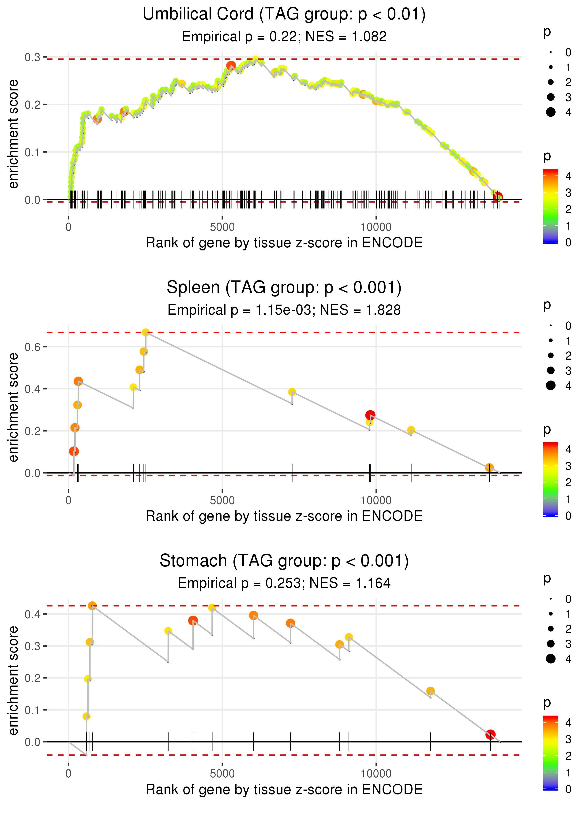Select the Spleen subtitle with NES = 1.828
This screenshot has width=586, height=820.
[x=284, y=310]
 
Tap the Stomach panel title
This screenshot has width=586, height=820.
[x=284, y=561]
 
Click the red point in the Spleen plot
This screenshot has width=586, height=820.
[x=370, y=415]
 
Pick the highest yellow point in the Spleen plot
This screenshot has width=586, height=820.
[x=145, y=332]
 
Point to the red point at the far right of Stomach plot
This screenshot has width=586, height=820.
[x=490, y=734]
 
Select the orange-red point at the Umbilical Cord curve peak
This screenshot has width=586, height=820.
[x=231, y=66]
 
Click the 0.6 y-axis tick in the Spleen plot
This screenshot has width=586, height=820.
[x=33, y=347]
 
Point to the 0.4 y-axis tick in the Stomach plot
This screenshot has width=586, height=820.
[x=33, y=614]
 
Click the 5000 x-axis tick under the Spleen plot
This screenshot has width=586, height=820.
[x=222, y=500]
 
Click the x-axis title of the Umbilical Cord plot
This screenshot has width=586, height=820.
[x=284, y=243]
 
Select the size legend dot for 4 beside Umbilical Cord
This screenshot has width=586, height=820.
[x=551, y=112]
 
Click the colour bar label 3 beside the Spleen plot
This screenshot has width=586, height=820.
[x=568, y=466]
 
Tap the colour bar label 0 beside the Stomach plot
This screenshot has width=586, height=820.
[x=568, y=789]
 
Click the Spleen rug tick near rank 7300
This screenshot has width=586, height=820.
[x=292, y=473]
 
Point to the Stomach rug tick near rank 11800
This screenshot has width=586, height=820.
[x=430, y=742]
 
